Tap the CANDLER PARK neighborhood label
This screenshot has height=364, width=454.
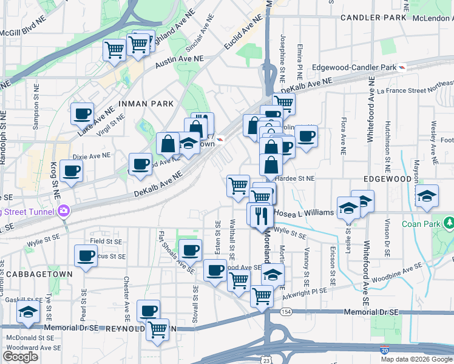coord(373,18)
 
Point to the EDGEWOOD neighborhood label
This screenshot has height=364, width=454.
coord(387,180)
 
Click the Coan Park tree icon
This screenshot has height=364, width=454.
coord(449,223)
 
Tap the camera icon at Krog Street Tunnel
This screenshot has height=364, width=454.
coord(64,211)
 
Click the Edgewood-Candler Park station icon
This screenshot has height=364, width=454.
coord(402,67)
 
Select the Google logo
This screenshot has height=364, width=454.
coord(20,357)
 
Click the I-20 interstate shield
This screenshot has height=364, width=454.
coord(384,350)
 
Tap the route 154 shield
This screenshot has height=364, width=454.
coord(285,311)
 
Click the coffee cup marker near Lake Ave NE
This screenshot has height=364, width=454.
coord(82,113)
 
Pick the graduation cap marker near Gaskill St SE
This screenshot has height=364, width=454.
coord(28,312)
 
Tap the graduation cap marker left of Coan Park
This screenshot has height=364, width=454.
coord(427,195)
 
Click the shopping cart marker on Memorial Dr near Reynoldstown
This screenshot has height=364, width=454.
coord(157,329)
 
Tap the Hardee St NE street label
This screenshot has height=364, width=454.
coord(295,179)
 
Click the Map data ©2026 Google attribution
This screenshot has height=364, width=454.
coord(416,359)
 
